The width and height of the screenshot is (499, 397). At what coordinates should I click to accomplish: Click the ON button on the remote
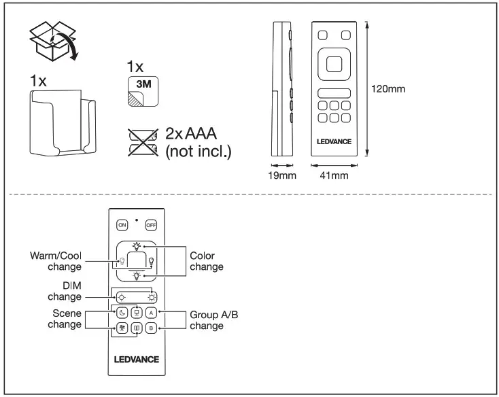(x=122, y=224)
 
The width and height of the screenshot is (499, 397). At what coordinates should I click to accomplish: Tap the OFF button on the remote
(x=151, y=224)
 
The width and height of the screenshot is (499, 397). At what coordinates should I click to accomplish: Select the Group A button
(x=151, y=313)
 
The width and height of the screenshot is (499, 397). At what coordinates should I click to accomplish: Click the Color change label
(x=206, y=262)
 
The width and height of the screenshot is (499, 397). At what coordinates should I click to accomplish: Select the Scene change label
(x=65, y=319)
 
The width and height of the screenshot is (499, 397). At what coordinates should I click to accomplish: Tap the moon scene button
(x=122, y=313)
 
